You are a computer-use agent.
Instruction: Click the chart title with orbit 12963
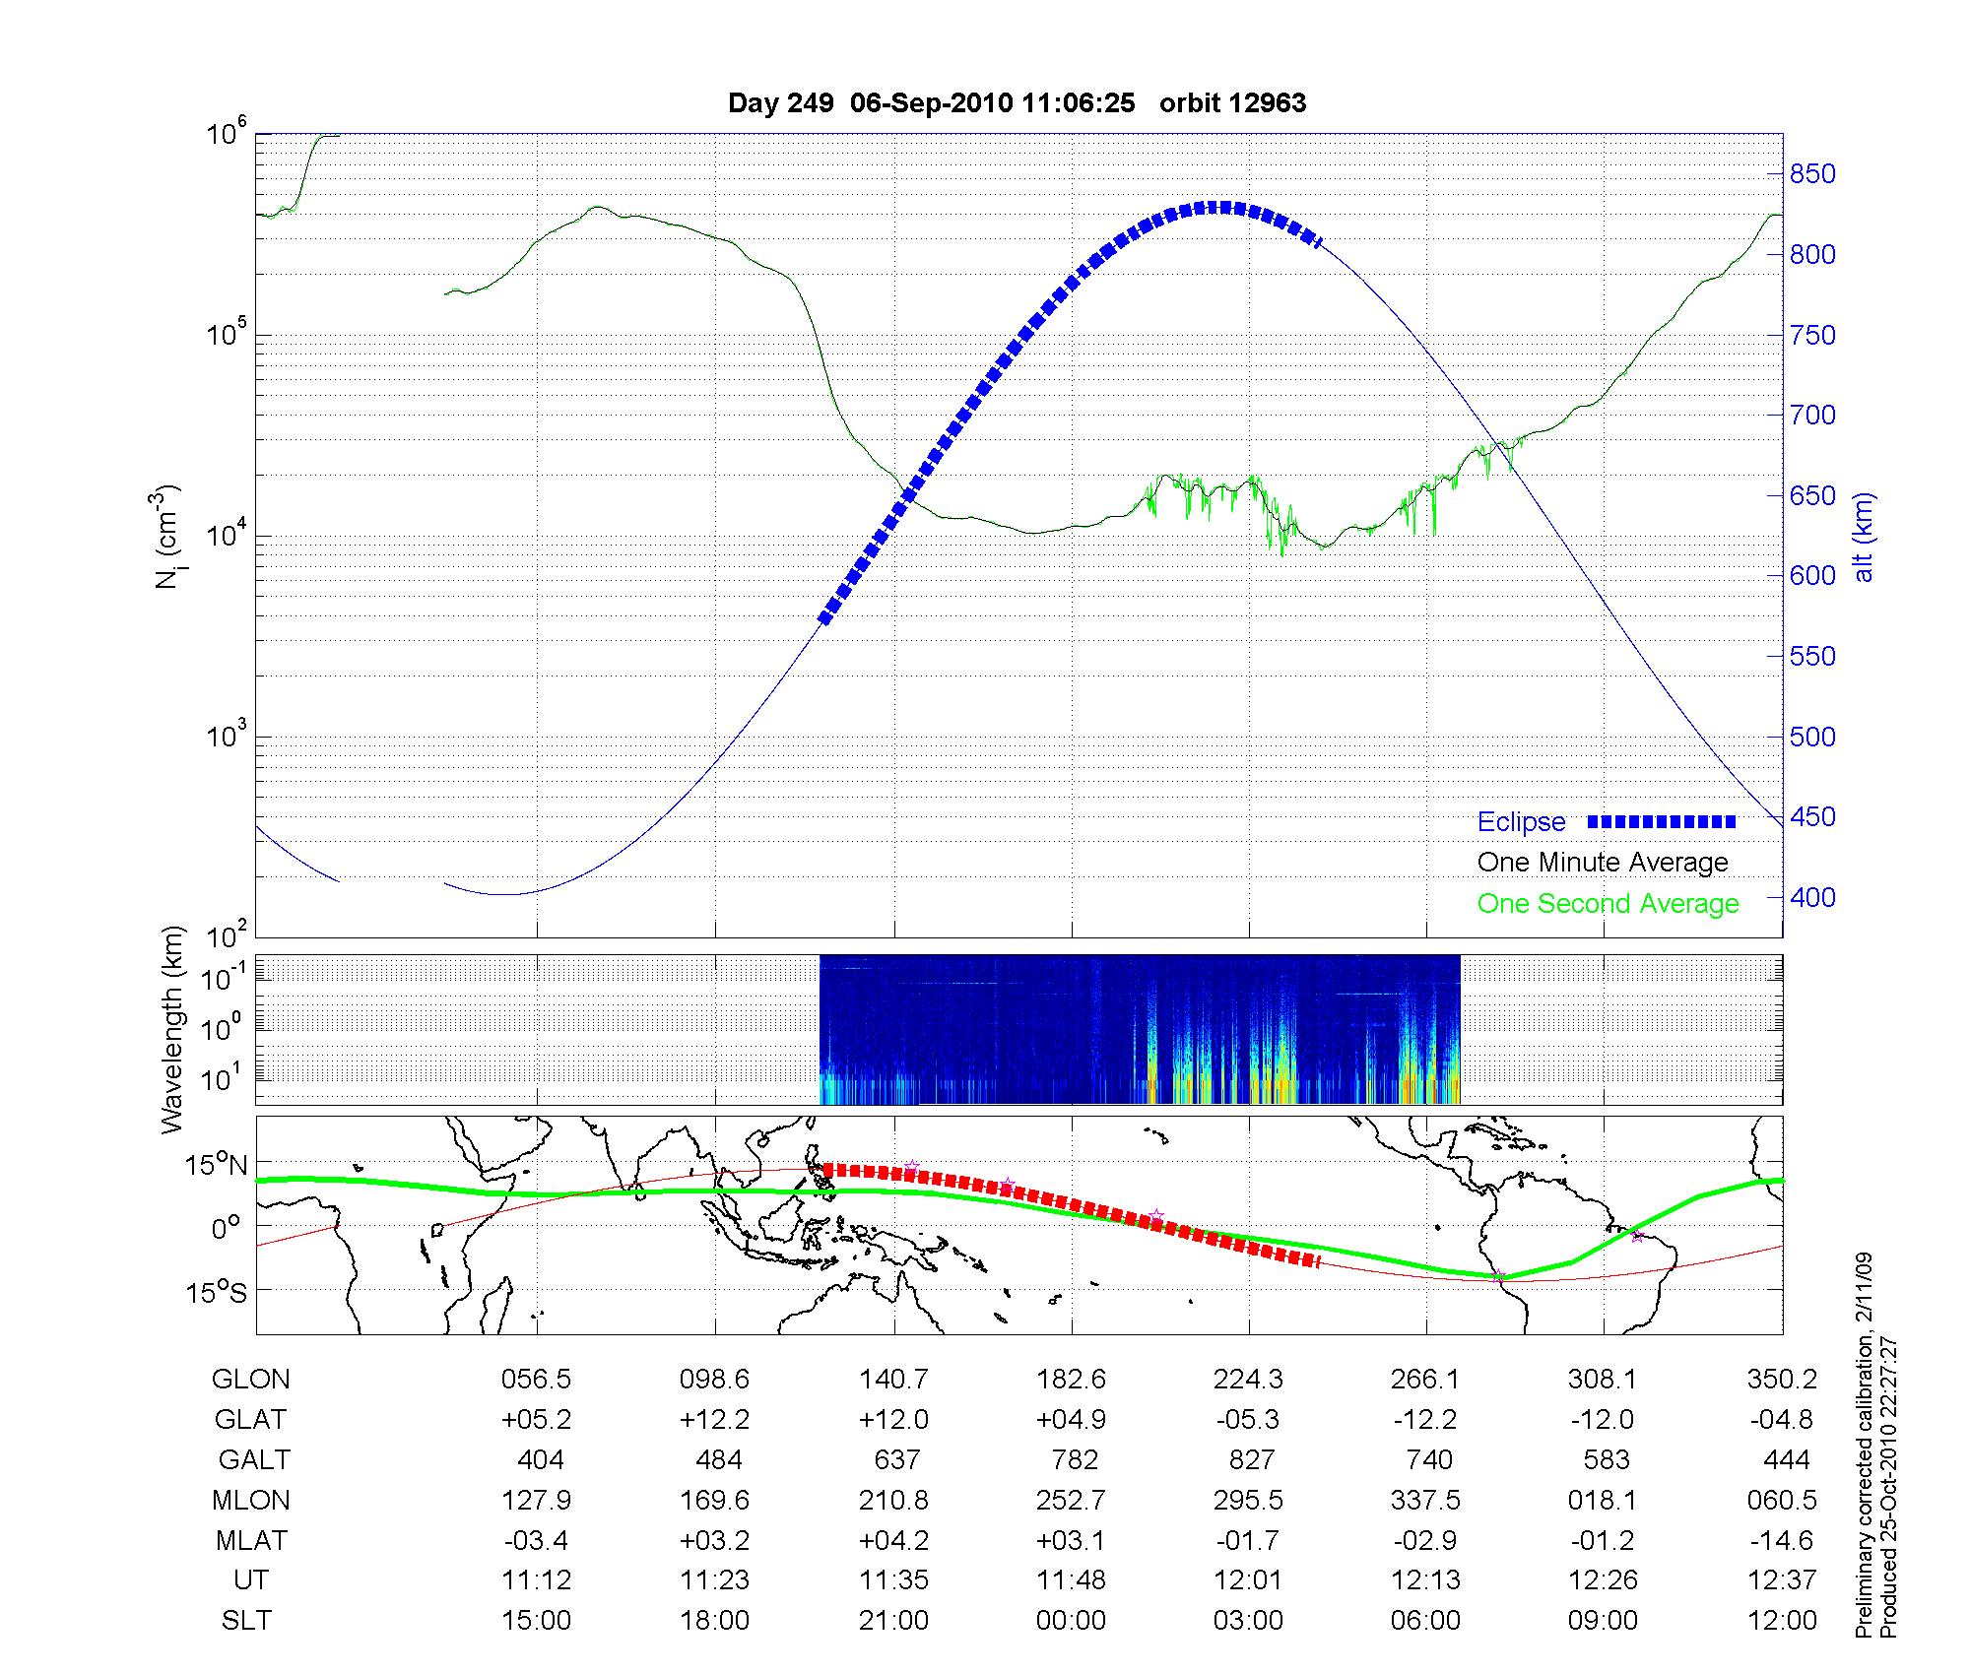[1017, 103]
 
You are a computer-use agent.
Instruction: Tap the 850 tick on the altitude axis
[1812, 174]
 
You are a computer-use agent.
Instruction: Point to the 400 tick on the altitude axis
[1812, 897]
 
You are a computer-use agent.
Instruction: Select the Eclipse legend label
[1521, 822]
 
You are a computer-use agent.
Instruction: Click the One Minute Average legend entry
[1603, 863]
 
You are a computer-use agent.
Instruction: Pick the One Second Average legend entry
[1608, 904]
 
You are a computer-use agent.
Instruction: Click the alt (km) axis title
[1865, 538]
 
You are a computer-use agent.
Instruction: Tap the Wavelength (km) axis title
[173, 1029]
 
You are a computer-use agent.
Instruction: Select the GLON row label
[251, 1380]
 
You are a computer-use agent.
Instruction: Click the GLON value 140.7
[893, 1380]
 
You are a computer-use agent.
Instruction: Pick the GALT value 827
[1251, 1460]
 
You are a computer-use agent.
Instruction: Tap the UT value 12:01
[1248, 1580]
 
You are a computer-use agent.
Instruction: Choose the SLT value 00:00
[1071, 1621]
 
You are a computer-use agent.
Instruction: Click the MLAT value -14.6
[1782, 1540]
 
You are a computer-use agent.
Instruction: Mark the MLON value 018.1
[1603, 1501]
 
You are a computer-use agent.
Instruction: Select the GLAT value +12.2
[715, 1420]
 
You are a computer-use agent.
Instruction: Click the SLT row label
[246, 1621]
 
